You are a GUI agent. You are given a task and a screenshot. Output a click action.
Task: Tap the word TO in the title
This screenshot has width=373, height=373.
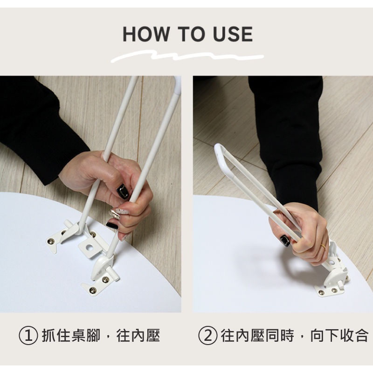pos(191,34)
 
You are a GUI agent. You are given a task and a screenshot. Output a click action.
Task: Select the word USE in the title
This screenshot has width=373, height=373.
pos(233,34)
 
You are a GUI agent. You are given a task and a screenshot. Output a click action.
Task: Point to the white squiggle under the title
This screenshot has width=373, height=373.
pos(187,56)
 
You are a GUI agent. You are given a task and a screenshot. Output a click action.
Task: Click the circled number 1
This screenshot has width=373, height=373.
pos(28,336)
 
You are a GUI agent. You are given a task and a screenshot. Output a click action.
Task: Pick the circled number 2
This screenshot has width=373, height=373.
pos(207,336)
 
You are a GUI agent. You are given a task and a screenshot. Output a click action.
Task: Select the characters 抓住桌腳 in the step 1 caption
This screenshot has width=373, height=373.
pos(71,335)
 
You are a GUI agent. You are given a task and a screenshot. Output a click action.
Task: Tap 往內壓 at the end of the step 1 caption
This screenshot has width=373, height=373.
pos(138,335)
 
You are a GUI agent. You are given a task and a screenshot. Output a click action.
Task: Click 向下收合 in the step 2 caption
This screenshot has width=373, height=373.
pos(339,335)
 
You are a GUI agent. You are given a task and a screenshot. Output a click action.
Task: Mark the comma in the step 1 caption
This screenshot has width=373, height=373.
pos(108,338)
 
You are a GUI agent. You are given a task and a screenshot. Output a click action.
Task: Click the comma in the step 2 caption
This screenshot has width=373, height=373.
pos(302,338)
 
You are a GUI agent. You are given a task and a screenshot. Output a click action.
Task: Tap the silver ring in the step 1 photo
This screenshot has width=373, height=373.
pos(115,214)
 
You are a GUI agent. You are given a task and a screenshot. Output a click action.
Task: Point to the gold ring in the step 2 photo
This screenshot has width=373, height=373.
pos(323,247)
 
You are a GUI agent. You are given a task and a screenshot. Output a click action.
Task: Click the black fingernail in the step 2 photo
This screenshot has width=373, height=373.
pos(285,241)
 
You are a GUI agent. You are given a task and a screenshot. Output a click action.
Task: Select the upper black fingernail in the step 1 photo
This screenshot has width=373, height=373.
pos(123,191)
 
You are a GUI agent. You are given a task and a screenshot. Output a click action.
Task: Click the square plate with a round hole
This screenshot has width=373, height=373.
pos(90,248)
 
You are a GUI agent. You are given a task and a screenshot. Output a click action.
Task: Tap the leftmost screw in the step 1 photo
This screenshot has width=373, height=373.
pos(51,242)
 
